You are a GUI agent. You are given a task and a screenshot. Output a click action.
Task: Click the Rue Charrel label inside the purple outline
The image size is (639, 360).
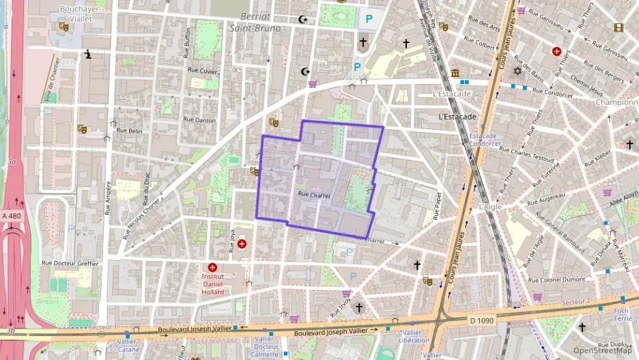click(314, 195)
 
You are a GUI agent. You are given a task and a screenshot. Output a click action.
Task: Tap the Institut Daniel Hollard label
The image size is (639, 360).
click(212, 284)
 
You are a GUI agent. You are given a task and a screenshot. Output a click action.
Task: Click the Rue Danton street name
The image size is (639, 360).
click(199, 120)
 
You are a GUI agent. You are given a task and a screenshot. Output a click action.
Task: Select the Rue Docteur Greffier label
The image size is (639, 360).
click(70, 262)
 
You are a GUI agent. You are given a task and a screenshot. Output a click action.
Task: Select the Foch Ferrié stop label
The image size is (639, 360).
click(622, 314)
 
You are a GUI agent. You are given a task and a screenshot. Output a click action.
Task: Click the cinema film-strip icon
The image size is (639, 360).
click(619, 28)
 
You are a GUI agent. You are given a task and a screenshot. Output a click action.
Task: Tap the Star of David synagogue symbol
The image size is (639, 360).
click(517, 71)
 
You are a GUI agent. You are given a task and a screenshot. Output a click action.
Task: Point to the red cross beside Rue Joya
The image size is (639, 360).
click(242, 243)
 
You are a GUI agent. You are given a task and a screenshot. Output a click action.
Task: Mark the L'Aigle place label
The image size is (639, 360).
click(490, 206)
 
